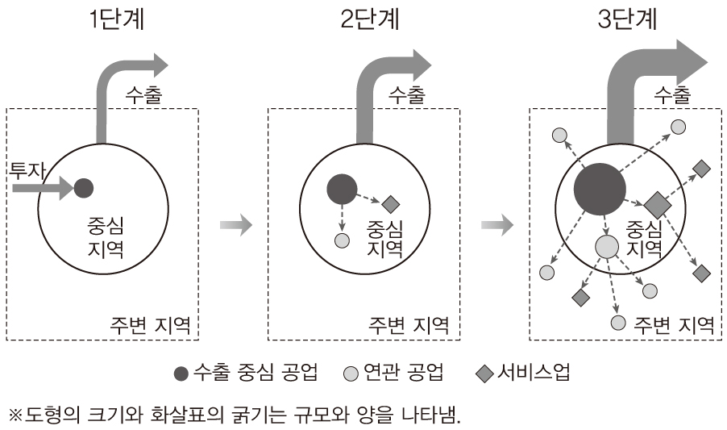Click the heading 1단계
tap(117, 19)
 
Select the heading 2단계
tap(369, 19)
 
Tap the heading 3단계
tap(628, 19)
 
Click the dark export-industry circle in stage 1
tap(84, 189)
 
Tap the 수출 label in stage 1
tap(144, 94)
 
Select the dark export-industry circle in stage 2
tap(341, 188)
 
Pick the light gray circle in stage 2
tap(342, 240)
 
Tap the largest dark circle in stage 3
tap(600, 189)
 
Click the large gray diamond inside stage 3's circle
tap(655, 202)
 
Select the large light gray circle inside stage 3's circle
tap(607, 247)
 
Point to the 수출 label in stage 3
tap(672, 94)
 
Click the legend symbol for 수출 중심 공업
tap(181, 373)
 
